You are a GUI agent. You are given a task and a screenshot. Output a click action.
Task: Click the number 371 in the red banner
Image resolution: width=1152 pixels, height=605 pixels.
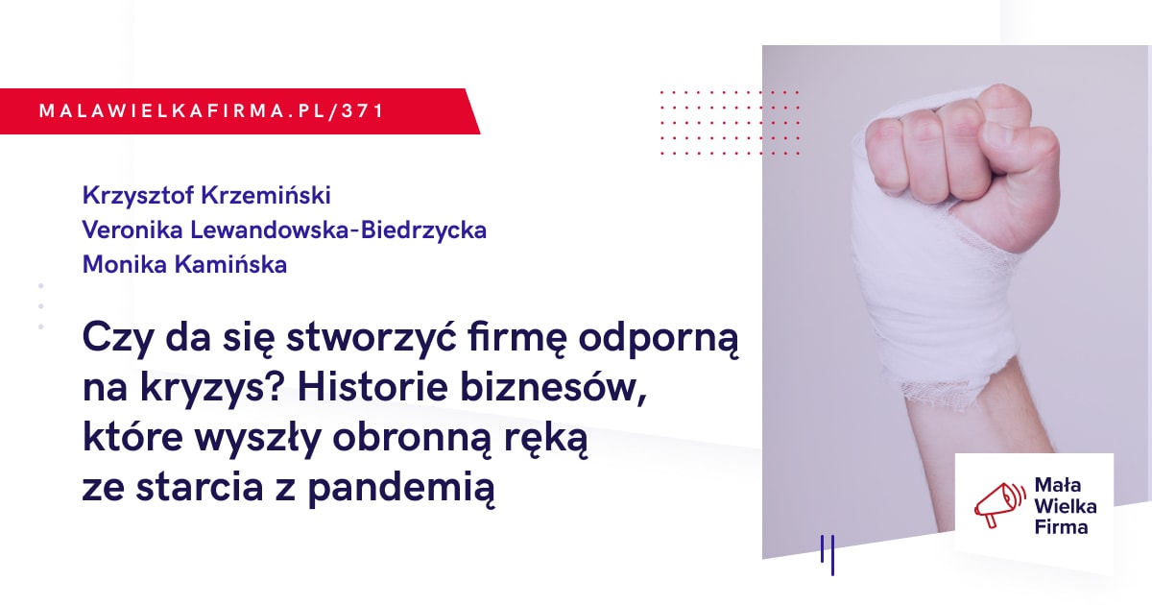point(363,111)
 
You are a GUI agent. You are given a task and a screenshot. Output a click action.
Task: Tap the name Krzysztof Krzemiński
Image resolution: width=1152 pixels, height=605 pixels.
point(206,196)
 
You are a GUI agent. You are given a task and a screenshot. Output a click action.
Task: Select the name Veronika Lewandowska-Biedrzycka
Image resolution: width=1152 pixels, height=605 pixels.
point(284,230)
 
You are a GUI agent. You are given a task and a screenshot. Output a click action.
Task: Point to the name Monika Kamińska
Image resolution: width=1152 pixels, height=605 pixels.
point(184,265)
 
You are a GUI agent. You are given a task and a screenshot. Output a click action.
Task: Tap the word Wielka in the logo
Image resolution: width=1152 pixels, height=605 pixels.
point(1065,507)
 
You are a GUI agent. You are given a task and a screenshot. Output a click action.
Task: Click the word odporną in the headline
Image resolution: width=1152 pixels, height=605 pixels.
point(659,340)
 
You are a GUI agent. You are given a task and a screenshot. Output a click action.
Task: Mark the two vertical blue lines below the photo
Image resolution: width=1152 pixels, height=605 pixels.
point(828,555)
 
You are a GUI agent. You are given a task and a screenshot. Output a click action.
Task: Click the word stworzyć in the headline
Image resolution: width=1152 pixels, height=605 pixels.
point(372,340)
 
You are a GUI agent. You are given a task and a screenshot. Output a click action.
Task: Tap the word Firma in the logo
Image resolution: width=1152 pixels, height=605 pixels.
point(1061,527)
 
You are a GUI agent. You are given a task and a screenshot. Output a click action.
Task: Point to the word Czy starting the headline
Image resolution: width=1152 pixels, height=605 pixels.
point(118,340)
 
